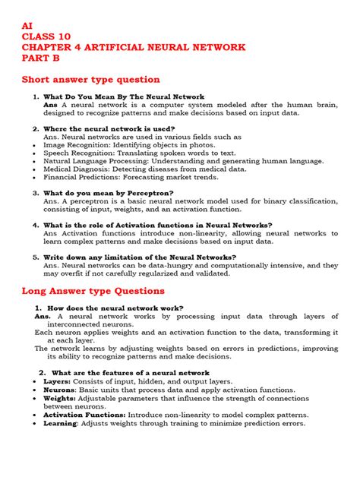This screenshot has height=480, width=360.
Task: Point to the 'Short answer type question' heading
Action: (x=90, y=79)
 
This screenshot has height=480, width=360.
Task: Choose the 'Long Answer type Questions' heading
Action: (x=93, y=290)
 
